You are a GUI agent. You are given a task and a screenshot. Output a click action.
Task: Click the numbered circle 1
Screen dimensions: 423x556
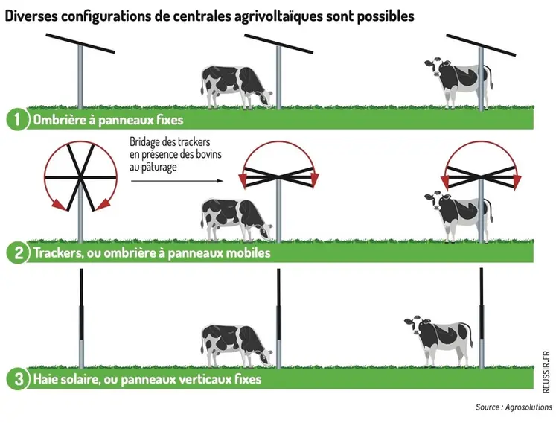coord(16,120)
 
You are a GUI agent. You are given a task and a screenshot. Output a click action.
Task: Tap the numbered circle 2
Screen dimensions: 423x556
coord(16,252)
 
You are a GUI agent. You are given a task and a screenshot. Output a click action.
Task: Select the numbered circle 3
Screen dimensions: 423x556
coord(16,379)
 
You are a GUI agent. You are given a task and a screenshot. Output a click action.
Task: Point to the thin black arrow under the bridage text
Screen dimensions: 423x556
coord(176,180)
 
